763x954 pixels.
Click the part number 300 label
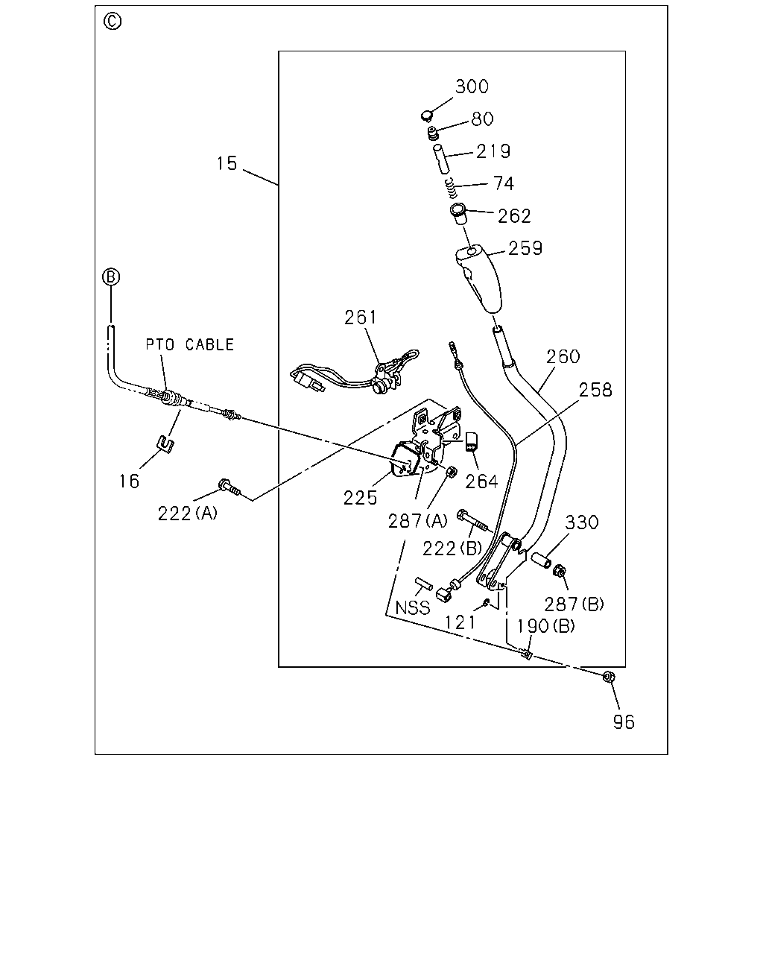pos(472,86)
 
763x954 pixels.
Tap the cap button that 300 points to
pos(426,116)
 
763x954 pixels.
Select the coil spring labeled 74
pos(452,188)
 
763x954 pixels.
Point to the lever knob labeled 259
pos(479,279)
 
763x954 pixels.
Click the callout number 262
pos(514,216)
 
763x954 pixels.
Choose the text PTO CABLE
pos(190,344)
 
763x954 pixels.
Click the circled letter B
pos(111,277)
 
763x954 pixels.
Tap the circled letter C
pos(113,22)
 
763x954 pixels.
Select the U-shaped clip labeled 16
pos(166,445)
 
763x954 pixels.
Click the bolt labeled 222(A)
pos(229,487)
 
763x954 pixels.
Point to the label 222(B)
pos(452,549)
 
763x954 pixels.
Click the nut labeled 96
pos(608,677)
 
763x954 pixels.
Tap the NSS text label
pos(412,607)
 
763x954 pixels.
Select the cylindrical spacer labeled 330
pos(541,560)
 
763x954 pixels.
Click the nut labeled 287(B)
pos(560,572)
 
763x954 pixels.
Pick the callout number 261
pos(361,318)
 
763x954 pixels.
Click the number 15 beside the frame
pos(227,163)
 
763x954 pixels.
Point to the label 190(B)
pos(545,626)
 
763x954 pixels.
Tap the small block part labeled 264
pos(471,441)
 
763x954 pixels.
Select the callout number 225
pos(360,499)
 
